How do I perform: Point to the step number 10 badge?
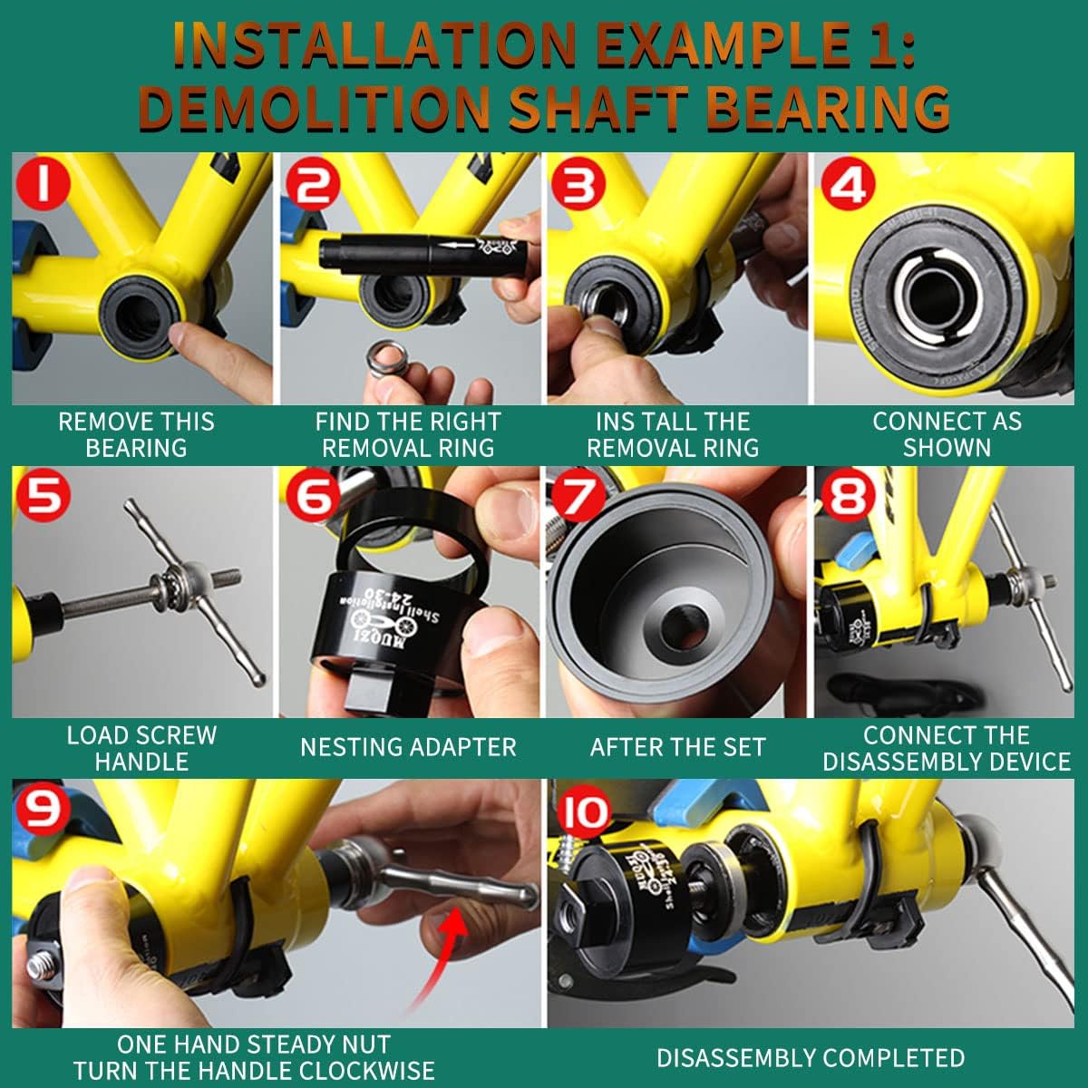click(x=584, y=811)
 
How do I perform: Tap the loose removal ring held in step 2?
click(x=386, y=359)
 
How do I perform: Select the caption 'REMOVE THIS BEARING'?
click(x=136, y=434)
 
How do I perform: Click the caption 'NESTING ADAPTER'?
click(x=408, y=747)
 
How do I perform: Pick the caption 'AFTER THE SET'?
click(x=677, y=747)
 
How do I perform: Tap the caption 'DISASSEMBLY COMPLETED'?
click(x=810, y=1057)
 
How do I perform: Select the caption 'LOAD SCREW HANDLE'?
click(x=141, y=748)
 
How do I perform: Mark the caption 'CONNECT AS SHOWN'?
click(x=947, y=434)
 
